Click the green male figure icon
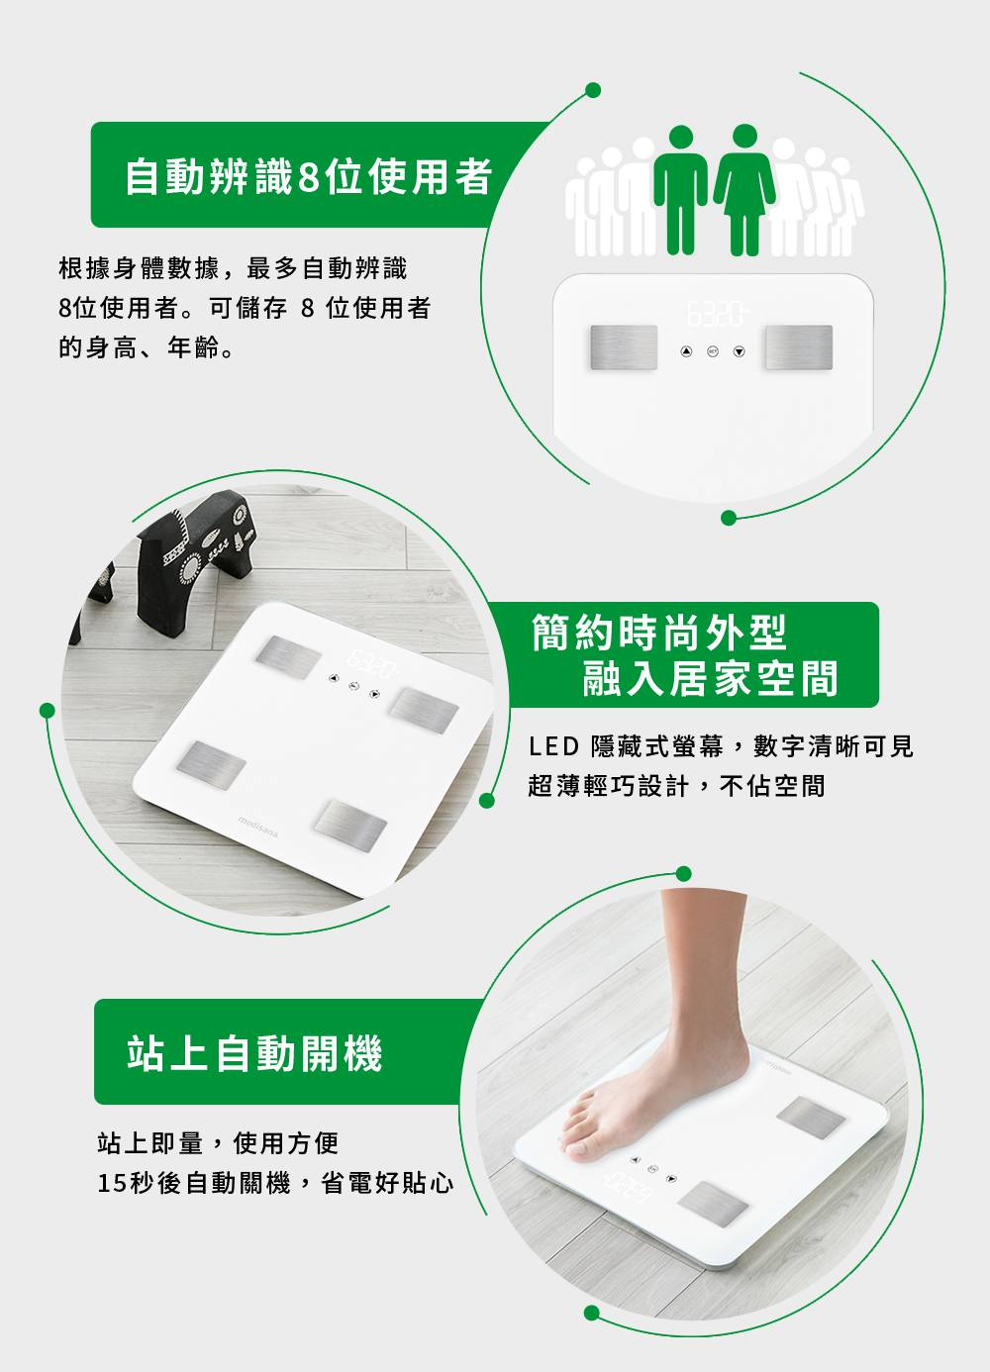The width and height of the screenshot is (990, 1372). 681,190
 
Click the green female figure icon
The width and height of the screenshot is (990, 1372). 744,190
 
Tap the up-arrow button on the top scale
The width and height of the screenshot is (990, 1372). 686,351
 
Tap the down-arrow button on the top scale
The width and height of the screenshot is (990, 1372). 740,351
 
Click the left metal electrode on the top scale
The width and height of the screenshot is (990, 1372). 624,347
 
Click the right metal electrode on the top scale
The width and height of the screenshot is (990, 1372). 799,347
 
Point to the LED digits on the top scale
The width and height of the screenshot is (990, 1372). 717,313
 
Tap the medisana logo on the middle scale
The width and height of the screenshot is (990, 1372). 258,827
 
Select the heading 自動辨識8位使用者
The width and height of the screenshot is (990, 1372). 309,176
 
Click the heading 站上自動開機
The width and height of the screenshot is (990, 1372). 254,1053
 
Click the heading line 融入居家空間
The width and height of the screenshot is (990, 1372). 710,678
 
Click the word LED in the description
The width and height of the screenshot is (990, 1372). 553,746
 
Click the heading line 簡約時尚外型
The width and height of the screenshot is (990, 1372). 658,633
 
